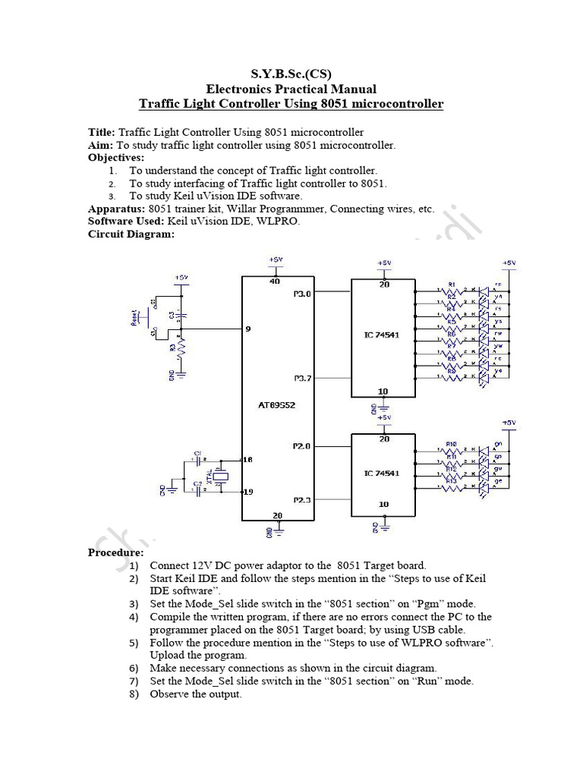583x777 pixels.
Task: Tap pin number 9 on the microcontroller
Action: coord(247,329)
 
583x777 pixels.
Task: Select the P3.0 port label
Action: coord(301,293)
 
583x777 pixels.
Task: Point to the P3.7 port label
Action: coord(301,378)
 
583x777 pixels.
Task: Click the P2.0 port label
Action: coord(301,446)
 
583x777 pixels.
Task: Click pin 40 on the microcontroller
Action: coord(276,282)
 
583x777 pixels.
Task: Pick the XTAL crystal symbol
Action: coord(220,476)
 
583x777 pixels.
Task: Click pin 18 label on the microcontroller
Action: coord(247,460)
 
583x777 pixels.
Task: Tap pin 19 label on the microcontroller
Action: coord(247,492)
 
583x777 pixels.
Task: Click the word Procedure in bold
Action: coord(115,552)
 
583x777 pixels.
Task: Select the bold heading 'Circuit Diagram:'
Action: coord(131,234)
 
